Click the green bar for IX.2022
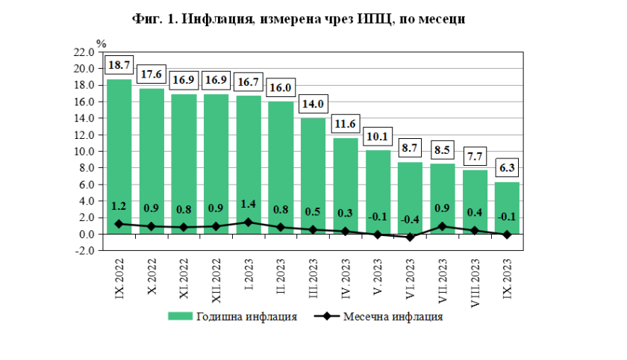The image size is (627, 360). click(119, 149)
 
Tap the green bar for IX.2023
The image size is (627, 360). click(508, 205)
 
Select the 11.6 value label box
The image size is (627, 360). click(346, 122)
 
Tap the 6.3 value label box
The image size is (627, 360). click(508, 167)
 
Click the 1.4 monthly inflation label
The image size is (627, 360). click(249, 205)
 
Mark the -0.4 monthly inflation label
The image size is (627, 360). click(411, 219)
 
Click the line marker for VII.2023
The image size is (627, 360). click(443, 226)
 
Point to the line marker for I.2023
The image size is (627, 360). click(249, 222)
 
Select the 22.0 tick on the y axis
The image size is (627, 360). click(84, 52)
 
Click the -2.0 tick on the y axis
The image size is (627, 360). click(84, 251)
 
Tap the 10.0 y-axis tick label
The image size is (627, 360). click(84, 152)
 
